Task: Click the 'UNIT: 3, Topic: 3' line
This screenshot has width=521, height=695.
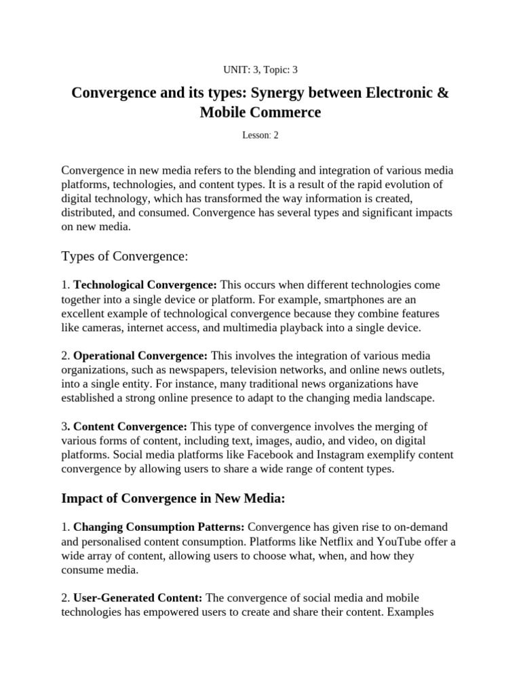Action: coord(260,69)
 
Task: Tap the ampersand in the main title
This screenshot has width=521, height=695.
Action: coord(442,92)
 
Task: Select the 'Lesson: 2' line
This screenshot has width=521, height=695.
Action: coord(260,135)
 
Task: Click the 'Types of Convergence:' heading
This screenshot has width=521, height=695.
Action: coord(124,256)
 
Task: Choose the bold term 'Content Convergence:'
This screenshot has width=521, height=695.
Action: coord(130,426)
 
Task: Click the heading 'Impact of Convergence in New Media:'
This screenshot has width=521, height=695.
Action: coord(174,499)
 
